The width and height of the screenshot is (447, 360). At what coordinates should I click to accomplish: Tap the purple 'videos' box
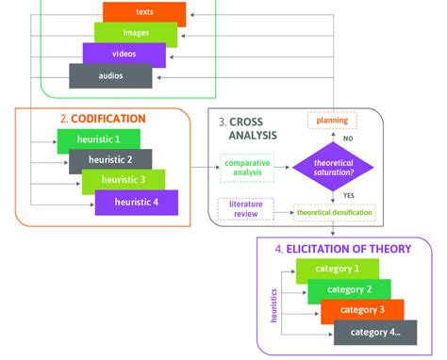pos(123,54)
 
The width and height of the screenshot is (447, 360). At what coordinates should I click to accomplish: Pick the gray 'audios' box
pos(110,74)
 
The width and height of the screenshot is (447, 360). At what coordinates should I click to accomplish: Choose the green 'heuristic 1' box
pos(97,140)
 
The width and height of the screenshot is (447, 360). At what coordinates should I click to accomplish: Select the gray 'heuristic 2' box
pos(110,160)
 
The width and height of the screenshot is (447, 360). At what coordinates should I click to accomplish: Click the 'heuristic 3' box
pos(124,181)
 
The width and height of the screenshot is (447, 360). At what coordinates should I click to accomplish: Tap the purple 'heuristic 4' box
pos(136,202)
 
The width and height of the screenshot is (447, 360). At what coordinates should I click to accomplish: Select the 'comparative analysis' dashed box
pos(247,168)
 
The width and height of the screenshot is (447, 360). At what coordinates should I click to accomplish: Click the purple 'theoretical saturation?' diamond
pos(333,168)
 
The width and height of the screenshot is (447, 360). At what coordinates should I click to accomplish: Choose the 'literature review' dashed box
pos(243,207)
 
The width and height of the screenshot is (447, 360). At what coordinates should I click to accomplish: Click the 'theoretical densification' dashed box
pos(334,214)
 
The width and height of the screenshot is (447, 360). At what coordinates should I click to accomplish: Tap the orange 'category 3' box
pos(362,310)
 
